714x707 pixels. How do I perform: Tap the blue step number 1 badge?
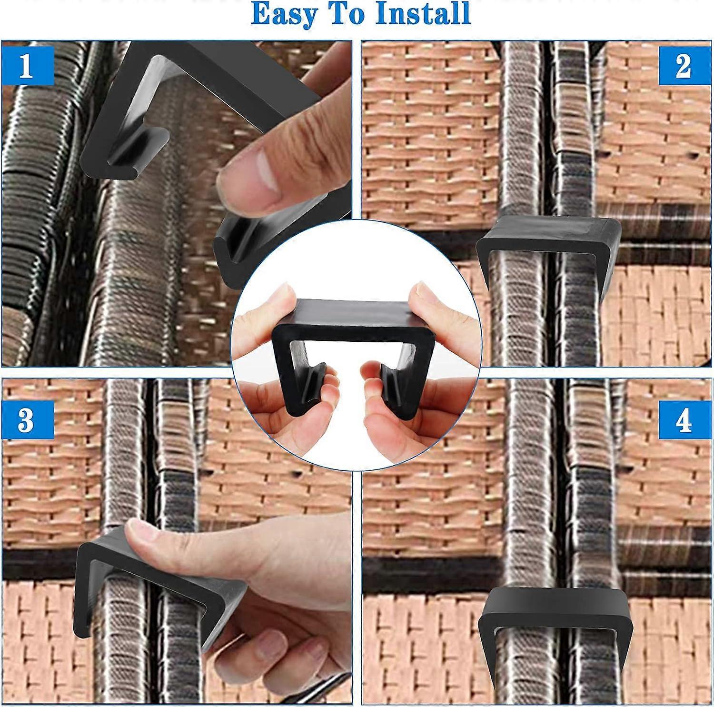click(27, 67)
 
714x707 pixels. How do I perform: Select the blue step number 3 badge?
click(27, 420)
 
